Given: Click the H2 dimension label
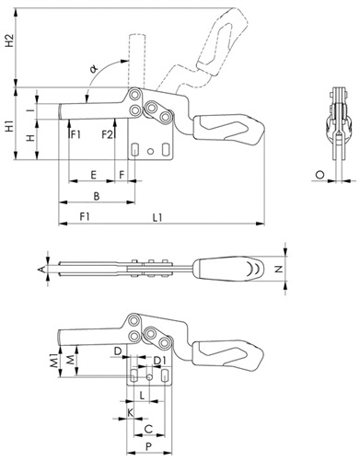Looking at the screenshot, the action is point(10,40).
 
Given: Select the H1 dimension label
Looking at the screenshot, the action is point(10,127).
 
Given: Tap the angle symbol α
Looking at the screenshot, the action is point(94,69).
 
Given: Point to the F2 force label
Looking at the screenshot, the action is point(108,134).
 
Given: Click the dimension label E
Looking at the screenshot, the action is point(94,175).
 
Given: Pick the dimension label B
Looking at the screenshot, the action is point(97,196).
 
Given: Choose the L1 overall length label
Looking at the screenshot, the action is point(157,217).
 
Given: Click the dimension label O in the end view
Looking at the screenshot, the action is point(320,175).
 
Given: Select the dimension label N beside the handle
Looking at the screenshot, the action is point(278,269).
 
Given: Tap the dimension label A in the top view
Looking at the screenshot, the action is point(41,270).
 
